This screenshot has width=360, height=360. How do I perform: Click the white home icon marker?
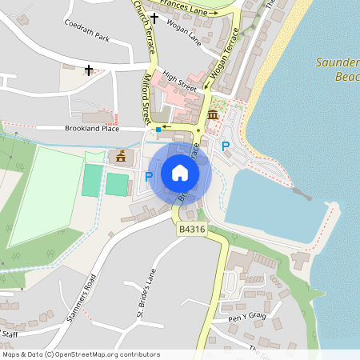[180, 173]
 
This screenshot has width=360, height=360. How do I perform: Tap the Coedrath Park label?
[88, 37]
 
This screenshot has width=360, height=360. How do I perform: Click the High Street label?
[179, 81]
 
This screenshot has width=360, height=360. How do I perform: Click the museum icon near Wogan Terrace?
[212, 116]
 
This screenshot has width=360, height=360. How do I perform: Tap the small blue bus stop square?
[159, 129]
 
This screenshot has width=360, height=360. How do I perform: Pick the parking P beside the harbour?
[225, 146]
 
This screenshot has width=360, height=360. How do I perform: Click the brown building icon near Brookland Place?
[121, 156]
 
